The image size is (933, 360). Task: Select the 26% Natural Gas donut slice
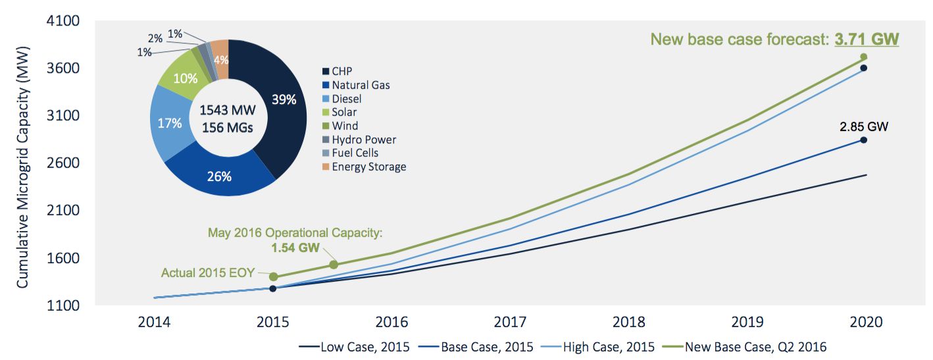pos(218,176)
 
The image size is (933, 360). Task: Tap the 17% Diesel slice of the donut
pos(170,122)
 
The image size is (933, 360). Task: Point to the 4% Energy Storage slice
pos(221,60)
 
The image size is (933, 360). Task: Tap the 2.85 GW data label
pos(863,126)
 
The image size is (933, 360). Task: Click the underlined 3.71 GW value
pos(867,39)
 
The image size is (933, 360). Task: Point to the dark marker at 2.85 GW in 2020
pos(863,140)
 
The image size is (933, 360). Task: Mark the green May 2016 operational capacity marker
pos(334,265)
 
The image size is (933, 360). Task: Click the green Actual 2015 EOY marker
pos(274,276)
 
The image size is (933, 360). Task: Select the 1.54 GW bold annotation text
pos(295,247)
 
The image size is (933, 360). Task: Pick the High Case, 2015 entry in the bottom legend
pos(601,347)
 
